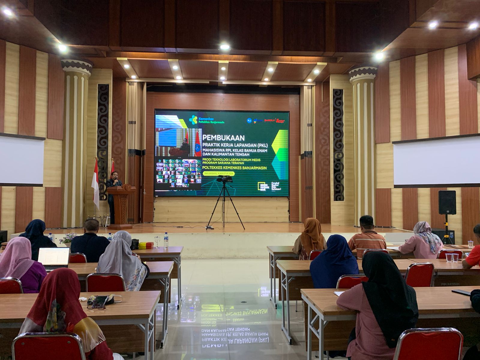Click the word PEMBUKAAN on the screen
point(223,138)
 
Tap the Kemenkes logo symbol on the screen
point(193,120)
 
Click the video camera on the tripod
point(224,179)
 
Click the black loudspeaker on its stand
point(447,202)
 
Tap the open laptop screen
point(54,257)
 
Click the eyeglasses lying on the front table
point(96,306)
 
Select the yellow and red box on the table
point(146,245)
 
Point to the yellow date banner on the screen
point(219,174)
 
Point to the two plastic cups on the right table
point(452,257)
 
